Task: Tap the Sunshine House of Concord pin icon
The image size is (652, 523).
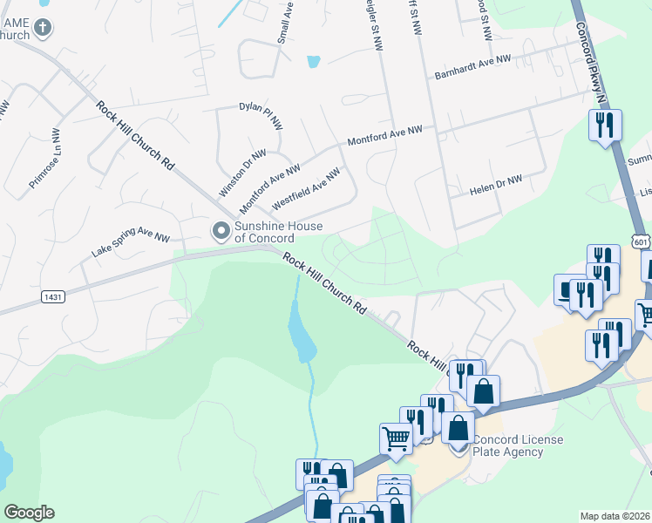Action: [x=221, y=230]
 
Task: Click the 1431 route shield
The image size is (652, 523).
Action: [x=52, y=297]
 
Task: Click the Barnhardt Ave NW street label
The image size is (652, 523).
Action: [x=472, y=70]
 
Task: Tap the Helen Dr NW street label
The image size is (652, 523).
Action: [x=495, y=185]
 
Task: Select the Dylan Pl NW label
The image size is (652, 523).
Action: [x=261, y=115]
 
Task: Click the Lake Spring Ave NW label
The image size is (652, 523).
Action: [x=131, y=243]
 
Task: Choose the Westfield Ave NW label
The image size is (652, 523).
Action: [x=305, y=190]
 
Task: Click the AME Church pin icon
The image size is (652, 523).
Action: [x=42, y=28]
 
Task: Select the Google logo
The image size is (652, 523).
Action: [x=29, y=513]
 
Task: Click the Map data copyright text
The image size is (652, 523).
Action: [x=615, y=516]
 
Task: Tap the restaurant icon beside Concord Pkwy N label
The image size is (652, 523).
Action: [x=603, y=126]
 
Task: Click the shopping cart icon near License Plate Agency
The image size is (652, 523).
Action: [x=397, y=438]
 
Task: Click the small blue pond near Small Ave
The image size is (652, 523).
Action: [x=313, y=62]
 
